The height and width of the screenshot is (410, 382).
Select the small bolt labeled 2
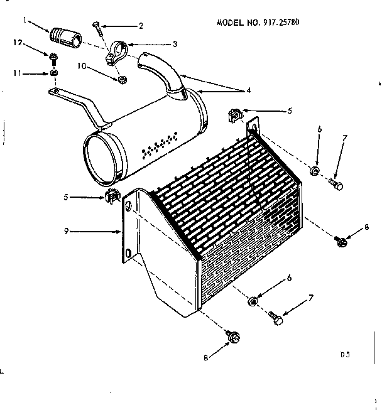[x=96, y=26]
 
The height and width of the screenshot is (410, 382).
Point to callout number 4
[x=249, y=90]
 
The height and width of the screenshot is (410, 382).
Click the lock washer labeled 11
[x=55, y=73]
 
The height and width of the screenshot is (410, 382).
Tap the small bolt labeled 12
[x=55, y=59]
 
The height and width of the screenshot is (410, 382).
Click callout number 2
[x=140, y=26]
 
